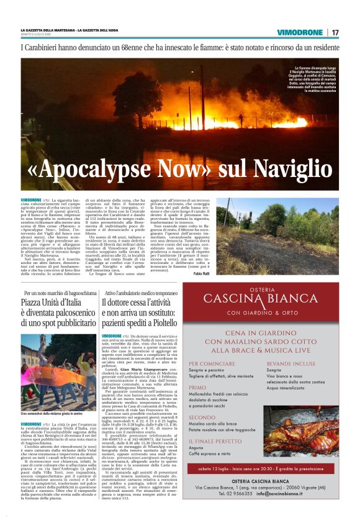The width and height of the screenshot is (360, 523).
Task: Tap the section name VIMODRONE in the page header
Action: click(x=300, y=32)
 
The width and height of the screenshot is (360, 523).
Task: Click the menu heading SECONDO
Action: click(x=202, y=418)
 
